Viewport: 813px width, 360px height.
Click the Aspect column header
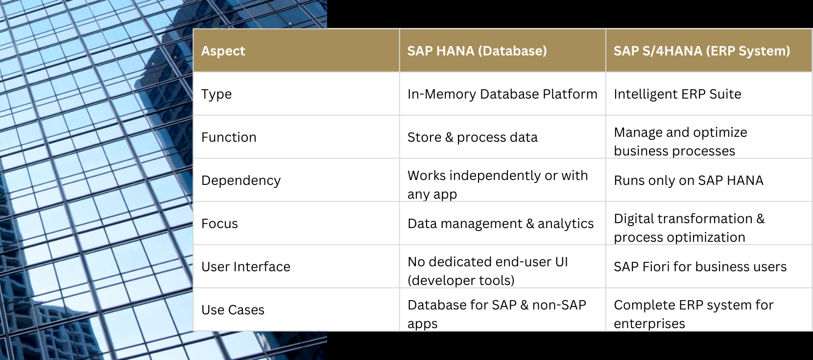click(223, 51)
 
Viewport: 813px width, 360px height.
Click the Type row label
click(216, 94)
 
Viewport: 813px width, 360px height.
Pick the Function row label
click(229, 137)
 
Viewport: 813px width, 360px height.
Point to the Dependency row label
click(240, 180)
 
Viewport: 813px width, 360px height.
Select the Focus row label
click(219, 224)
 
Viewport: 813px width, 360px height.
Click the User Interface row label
click(246, 267)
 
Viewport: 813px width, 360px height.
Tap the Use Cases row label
click(233, 310)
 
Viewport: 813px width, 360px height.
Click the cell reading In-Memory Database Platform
click(502, 94)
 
